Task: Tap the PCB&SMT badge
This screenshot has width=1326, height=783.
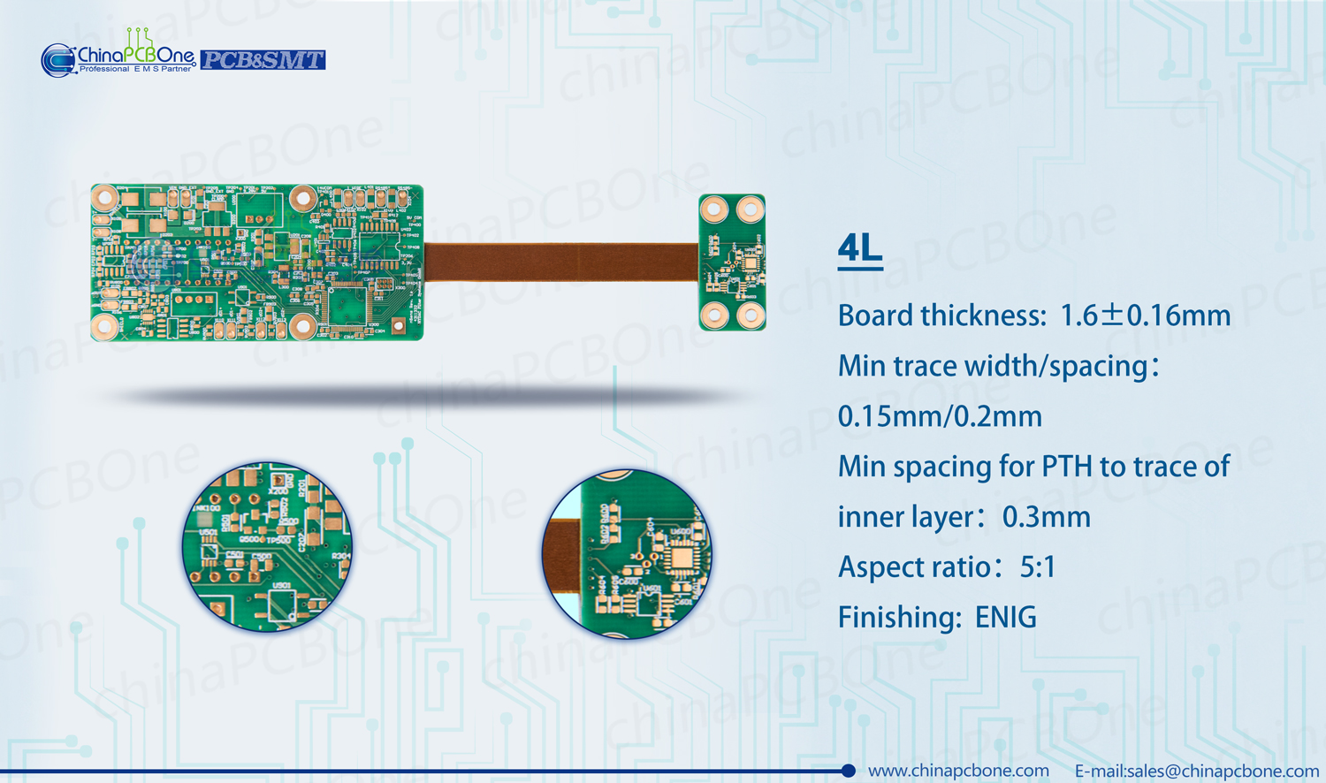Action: pos(263,60)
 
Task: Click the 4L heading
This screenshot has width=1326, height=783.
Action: pos(859,249)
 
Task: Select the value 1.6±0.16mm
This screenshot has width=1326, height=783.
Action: pos(1145,315)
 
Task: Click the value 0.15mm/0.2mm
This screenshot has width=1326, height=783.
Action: pos(940,416)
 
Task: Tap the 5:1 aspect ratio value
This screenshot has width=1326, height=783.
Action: pos(1038,567)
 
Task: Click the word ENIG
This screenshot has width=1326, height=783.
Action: pos(1005,618)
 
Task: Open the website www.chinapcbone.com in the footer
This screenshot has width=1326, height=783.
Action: pos(958,771)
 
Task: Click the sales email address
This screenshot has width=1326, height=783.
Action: pos(1197,771)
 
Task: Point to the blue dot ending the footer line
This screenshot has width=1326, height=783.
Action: pos(849,771)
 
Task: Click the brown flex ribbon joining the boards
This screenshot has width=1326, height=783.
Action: pos(561,262)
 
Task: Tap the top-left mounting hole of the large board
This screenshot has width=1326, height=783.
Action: pos(105,198)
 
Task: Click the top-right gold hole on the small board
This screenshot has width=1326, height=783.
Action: pos(751,209)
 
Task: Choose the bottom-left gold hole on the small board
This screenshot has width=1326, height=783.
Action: pos(714,315)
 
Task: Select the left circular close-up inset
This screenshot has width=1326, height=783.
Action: pos(267,547)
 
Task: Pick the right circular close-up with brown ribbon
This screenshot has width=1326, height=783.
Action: pos(627,554)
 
